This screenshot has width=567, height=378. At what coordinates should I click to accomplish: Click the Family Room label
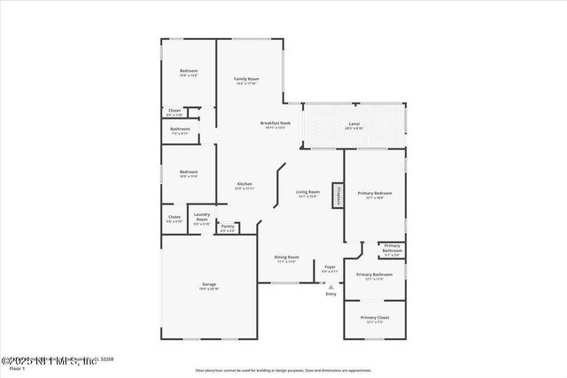click(x=245, y=80)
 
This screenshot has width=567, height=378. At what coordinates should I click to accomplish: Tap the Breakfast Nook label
click(x=275, y=123)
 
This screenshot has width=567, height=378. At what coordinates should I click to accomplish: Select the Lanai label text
click(x=353, y=123)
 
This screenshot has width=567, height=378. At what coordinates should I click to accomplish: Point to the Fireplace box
click(x=337, y=196)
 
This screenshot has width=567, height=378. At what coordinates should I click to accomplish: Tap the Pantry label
click(x=228, y=227)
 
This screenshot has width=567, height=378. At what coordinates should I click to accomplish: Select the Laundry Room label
click(x=201, y=217)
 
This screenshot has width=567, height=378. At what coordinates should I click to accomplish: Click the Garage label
click(x=208, y=284)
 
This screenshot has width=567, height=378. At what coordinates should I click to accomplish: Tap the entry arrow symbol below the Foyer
click(x=330, y=287)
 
